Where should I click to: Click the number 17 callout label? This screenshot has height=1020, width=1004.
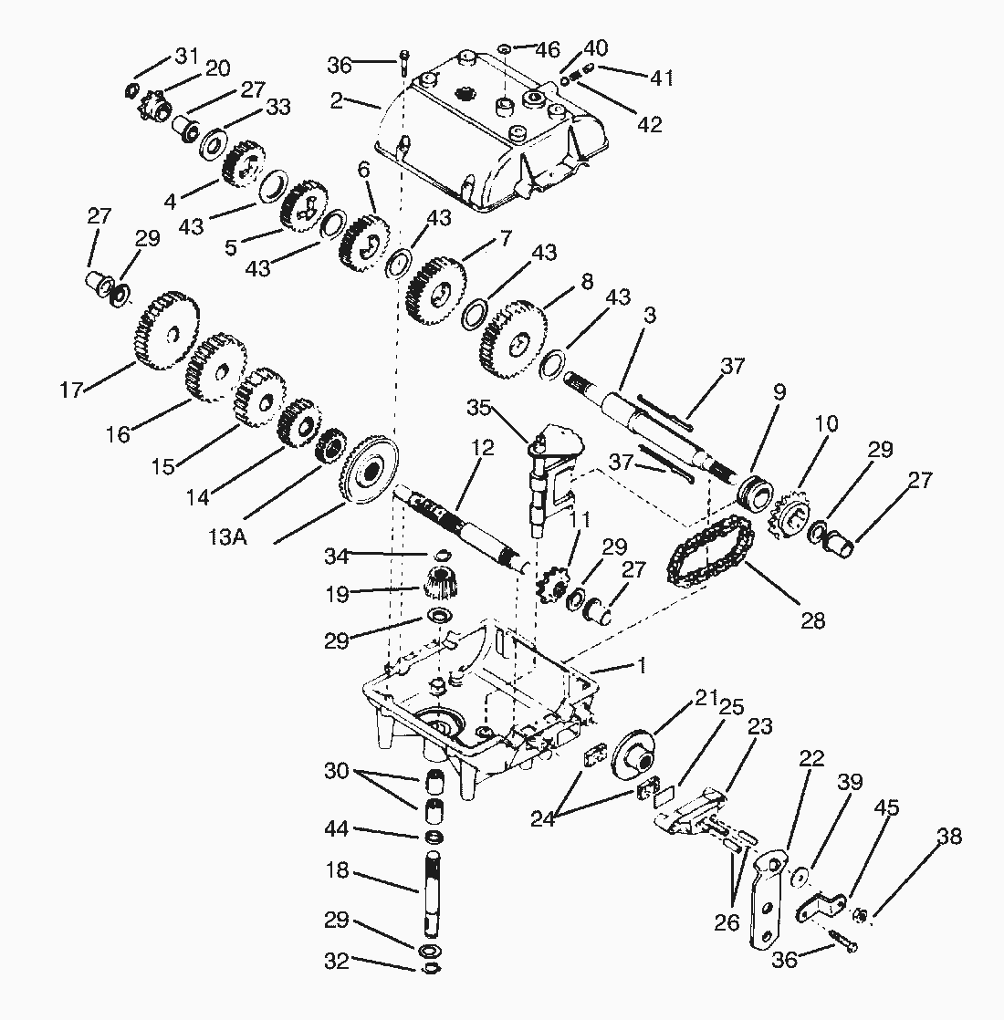(71, 390)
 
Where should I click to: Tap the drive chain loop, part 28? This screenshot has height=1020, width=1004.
(710, 552)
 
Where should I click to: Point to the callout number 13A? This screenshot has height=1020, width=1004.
(228, 537)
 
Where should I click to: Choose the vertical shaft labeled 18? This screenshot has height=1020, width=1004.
(434, 892)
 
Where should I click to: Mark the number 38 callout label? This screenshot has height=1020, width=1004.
(948, 836)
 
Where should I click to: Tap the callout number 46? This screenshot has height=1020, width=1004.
(547, 49)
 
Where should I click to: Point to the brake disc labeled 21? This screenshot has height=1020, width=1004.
(633, 756)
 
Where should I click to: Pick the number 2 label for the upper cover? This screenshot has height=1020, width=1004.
(336, 100)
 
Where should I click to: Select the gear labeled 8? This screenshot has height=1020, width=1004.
(514, 340)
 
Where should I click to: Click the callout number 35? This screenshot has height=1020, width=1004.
(479, 408)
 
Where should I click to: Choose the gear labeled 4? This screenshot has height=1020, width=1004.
(244, 162)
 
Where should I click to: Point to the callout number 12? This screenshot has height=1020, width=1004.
(483, 447)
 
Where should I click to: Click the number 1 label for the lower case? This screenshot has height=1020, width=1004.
(643, 665)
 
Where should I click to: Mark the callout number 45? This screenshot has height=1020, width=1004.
(887, 808)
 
